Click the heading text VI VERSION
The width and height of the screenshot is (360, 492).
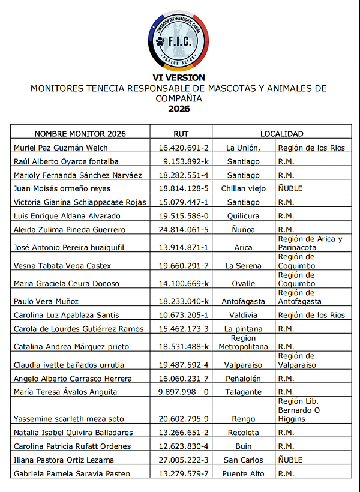click(x=178, y=77)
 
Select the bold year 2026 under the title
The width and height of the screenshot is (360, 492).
click(x=178, y=109)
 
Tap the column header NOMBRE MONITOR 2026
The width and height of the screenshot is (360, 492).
click(x=80, y=134)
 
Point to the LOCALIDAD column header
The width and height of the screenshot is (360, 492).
click(x=281, y=134)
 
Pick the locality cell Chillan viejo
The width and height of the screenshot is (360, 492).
click(x=243, y=188)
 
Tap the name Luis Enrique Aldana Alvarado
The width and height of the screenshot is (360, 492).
click(x=67, y=215)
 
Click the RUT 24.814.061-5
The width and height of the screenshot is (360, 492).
click(x=184, y=229)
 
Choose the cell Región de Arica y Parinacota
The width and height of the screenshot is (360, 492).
click(x=310, y=243)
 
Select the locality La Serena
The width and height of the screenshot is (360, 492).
click(x=243, y=266)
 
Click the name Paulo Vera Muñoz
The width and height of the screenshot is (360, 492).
click(x=46, y=302)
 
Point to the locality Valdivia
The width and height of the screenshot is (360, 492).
click(x=243, y=315)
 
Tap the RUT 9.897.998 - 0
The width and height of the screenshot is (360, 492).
click(x=184, y=392)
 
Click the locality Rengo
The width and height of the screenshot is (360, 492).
click(x=243, y=419)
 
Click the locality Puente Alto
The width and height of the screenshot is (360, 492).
click(x=243, y=474)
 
